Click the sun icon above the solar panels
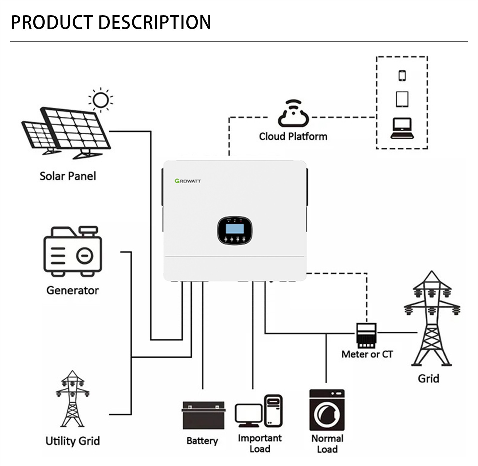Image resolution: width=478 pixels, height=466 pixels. (101, 100)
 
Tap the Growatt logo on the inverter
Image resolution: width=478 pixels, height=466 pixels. (188, 181)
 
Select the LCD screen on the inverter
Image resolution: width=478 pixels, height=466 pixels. (235, 229)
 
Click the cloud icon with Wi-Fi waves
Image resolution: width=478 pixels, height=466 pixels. (293, 114)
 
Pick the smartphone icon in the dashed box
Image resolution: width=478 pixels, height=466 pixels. (402, 76)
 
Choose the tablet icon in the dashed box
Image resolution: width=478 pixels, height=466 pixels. (402, 99)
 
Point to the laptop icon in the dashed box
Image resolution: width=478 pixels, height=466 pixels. (402, 128)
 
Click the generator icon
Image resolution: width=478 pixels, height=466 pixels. (73, 251)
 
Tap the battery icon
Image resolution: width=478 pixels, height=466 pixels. (203, 415)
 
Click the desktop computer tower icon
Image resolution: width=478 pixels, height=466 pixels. (273, 411)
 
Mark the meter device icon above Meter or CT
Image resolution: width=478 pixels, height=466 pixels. (366, 336)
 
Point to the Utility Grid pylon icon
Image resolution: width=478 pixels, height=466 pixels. (72, 399)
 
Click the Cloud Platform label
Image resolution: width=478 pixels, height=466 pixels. (293, 136)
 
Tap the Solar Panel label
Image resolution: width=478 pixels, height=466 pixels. (68, 176)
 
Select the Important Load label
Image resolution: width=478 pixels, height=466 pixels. (260, 443)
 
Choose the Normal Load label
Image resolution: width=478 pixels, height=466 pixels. (327, 444)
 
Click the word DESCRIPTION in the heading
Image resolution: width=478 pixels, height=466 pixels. (154, 22)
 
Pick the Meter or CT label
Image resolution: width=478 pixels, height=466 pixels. (367, 354)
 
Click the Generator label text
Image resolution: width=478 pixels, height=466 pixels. (73, 290)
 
